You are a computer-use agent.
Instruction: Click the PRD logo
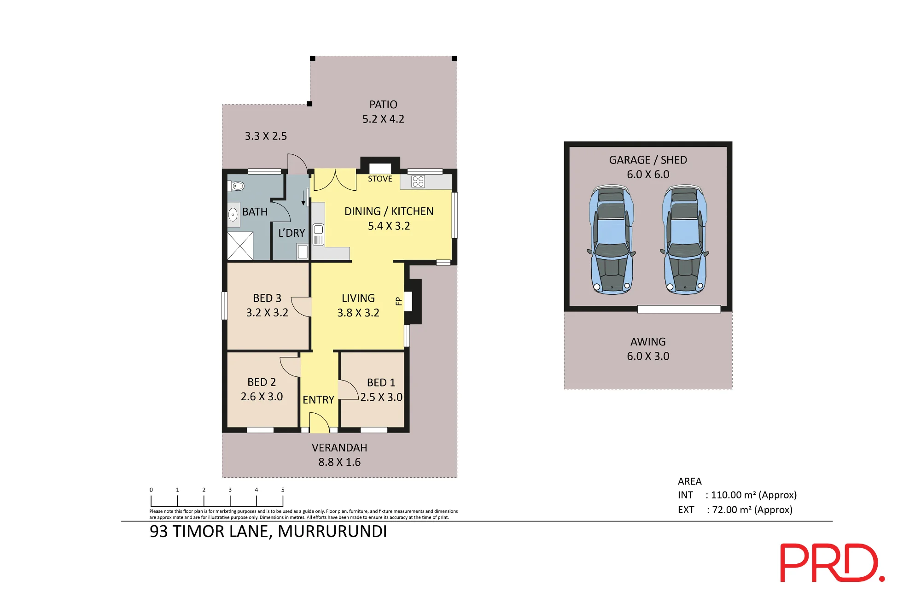point(832,562)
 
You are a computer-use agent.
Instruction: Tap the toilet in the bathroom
point(236,186)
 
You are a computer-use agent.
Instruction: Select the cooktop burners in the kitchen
point(418,182)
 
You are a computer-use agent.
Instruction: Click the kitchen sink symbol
point(318,234)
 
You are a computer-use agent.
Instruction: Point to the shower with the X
point(240,246)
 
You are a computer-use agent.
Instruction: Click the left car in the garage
point(612,240)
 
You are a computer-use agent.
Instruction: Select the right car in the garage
point(685,240)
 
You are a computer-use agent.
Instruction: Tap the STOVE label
point(380,179)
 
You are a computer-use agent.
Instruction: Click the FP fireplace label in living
point(399,302)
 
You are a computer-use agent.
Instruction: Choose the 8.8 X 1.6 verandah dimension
point(339,462)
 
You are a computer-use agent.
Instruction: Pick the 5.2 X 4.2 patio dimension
point(383,119)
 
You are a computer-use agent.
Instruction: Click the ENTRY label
point(318,400)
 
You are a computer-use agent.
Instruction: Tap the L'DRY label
point(291,233)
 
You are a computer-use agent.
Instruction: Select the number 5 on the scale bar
point(283,490)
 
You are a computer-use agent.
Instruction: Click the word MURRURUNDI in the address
point(332,532)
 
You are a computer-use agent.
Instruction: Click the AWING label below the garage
point(648,342)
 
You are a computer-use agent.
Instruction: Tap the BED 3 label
point(267,298)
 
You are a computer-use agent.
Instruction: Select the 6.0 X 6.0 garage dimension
point(648,175)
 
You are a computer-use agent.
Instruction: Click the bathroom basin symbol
point(233,215)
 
